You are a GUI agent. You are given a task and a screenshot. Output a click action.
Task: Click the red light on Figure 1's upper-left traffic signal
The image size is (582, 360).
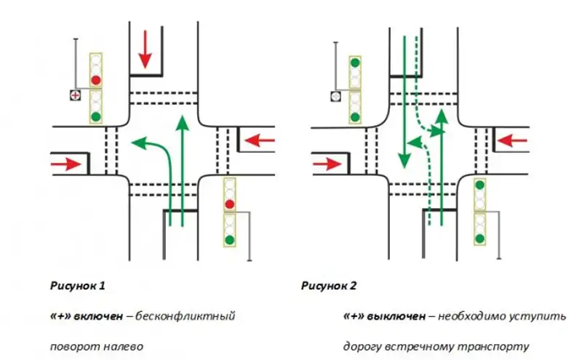[x=95, y=79]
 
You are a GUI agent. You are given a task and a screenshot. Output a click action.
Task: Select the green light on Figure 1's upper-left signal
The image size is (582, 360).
[x=95, y=115]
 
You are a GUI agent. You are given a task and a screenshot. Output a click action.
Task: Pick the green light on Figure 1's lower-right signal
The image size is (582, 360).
[x=230, y=239]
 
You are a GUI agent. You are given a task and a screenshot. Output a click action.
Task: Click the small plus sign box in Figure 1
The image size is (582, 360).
[x=74, y=95]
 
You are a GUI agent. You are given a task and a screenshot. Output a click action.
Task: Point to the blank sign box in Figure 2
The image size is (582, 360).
[x=335, y=95]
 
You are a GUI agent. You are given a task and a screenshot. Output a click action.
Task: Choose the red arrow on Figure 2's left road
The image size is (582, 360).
[x=328, y=164]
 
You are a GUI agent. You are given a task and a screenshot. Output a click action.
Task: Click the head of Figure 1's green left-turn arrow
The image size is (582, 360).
[x=132, y=143]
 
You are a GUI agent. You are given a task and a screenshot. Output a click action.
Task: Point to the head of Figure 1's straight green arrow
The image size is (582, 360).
[x=183, y=121]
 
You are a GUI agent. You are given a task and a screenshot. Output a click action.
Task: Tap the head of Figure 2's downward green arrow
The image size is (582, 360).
[x=402, y=161]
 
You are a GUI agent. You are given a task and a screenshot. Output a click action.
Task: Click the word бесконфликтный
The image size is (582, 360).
[x=195, y=317]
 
